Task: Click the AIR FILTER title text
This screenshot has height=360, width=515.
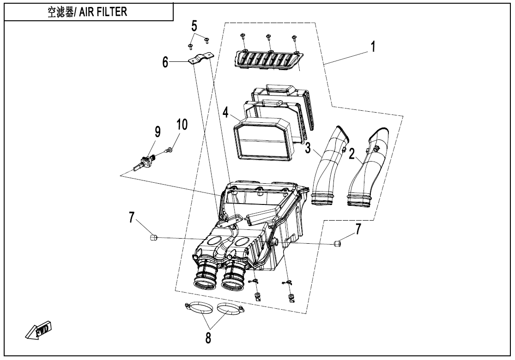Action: (87, 12)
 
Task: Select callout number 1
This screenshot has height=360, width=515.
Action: (373, 47)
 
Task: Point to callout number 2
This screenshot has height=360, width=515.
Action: (352, 153)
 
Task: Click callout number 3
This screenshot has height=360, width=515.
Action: (308, 148)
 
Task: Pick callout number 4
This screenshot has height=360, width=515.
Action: (225, 113)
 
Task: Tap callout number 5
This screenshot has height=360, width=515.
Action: (194, 25)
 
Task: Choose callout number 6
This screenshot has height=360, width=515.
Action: (165, 62)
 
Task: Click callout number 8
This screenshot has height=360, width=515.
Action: (208, 338)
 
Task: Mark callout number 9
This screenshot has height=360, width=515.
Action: (158, 132)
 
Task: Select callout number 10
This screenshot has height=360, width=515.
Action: (182, 125)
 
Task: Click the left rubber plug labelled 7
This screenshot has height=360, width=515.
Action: (153, 238)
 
